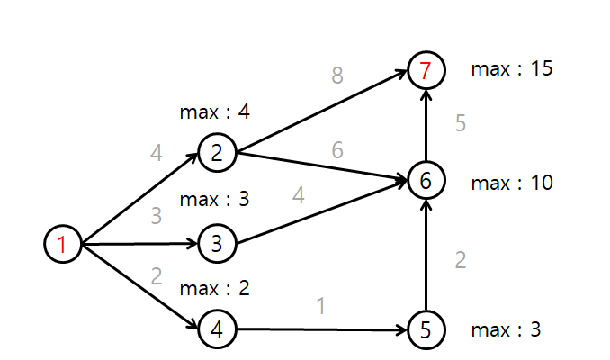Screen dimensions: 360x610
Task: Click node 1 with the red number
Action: (x=62, y=244)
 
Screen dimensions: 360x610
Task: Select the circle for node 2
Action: (x=216, y=154)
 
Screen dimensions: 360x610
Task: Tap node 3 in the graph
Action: (x=216, y=244)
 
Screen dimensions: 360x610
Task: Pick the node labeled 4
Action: (x=216, y=329)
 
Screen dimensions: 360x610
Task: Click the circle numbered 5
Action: (x=425, y=329)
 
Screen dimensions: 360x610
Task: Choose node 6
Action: (x=425, y=181)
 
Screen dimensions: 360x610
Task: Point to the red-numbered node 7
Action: (x=425, y=70)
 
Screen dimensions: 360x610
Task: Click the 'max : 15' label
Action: (x=511, y=69)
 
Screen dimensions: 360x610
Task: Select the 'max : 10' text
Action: (x=511, y=184)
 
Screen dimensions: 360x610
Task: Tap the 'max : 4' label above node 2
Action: (x=215, y=112)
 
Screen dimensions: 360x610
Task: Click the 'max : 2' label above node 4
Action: (x=215, y=289)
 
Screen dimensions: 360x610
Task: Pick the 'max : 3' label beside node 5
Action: (x=506, y=329)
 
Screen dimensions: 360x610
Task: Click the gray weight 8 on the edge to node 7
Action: (x=337, y=76)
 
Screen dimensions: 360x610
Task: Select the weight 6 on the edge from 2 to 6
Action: (x=337, y=150)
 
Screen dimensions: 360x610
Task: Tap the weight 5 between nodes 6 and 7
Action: (x=461, y=124)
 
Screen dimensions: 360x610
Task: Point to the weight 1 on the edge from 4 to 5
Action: (x=320, y=306)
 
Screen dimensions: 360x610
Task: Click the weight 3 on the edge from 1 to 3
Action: (x=156, y=216)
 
